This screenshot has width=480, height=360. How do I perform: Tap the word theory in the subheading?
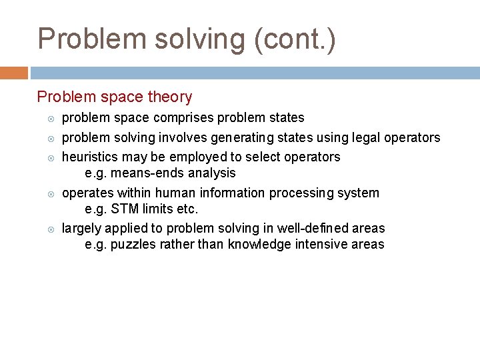pos(170,97)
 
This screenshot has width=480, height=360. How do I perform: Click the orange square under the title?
pos(14,72)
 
